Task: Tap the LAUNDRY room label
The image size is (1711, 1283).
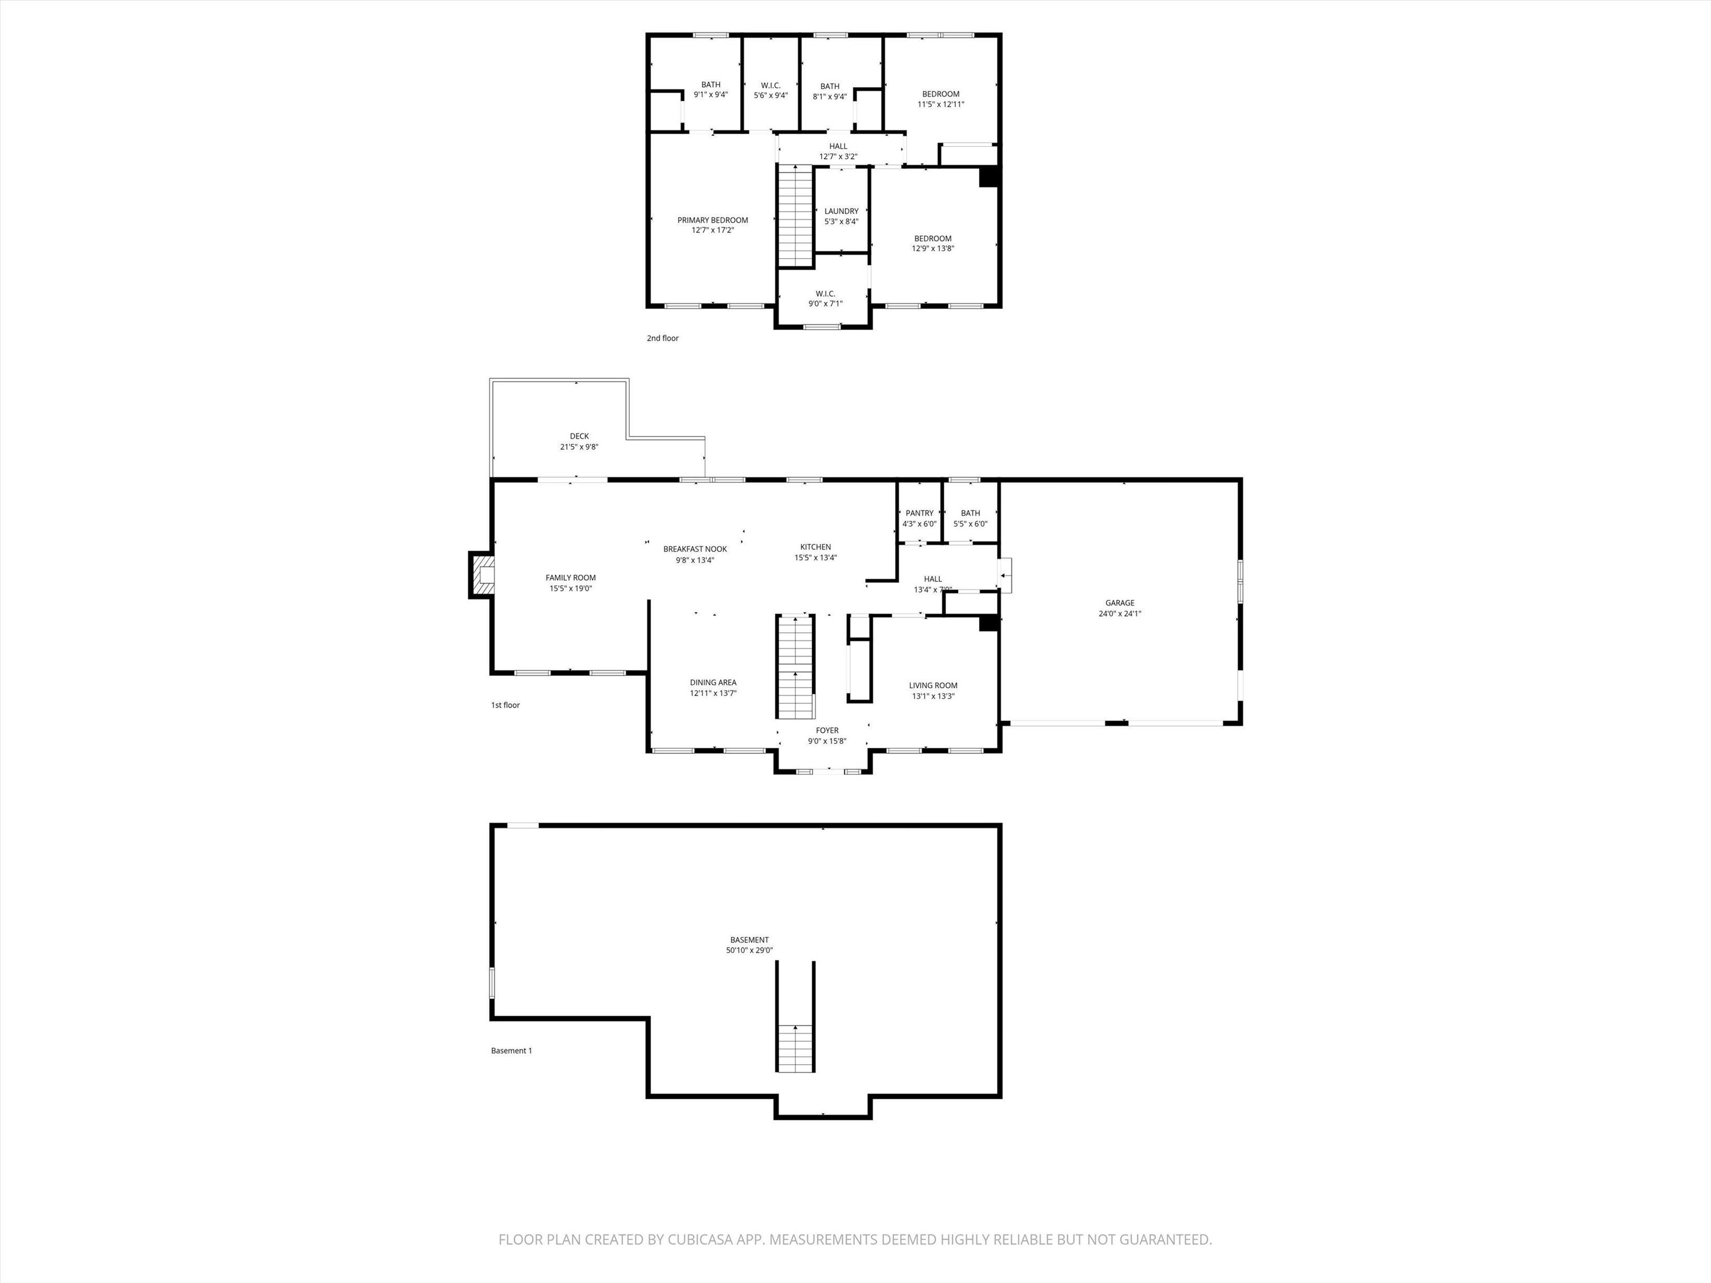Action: click(x=841, y=211)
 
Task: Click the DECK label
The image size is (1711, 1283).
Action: click(x=579, y=436)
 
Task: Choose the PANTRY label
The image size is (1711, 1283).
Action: click(x=919, y=513)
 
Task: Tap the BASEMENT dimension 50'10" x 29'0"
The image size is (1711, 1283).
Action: click(x=749, y=951)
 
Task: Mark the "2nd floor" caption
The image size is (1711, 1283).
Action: click(x=663, y=338)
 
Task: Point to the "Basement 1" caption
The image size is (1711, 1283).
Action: click(x=511, y=1051)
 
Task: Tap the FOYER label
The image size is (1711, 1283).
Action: click(x=827, y=730)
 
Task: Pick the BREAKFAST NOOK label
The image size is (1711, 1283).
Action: click(x=695, y=549)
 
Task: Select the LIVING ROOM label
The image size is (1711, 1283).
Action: click(x=933, y=685)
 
